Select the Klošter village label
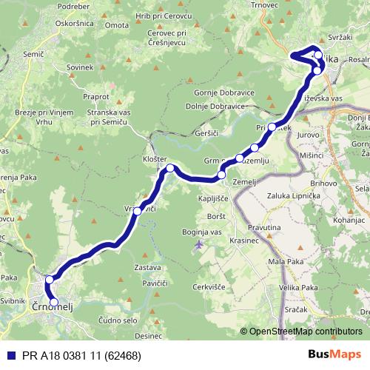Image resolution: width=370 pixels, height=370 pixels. (155, 159)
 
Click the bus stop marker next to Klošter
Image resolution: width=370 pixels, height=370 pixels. (170, 169)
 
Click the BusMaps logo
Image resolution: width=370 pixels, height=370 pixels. (339, 355)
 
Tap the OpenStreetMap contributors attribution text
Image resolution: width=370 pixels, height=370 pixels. (305, 332)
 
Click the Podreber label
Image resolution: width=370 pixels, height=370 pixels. (73, 7)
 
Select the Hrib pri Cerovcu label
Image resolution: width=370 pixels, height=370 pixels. (168, 16)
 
